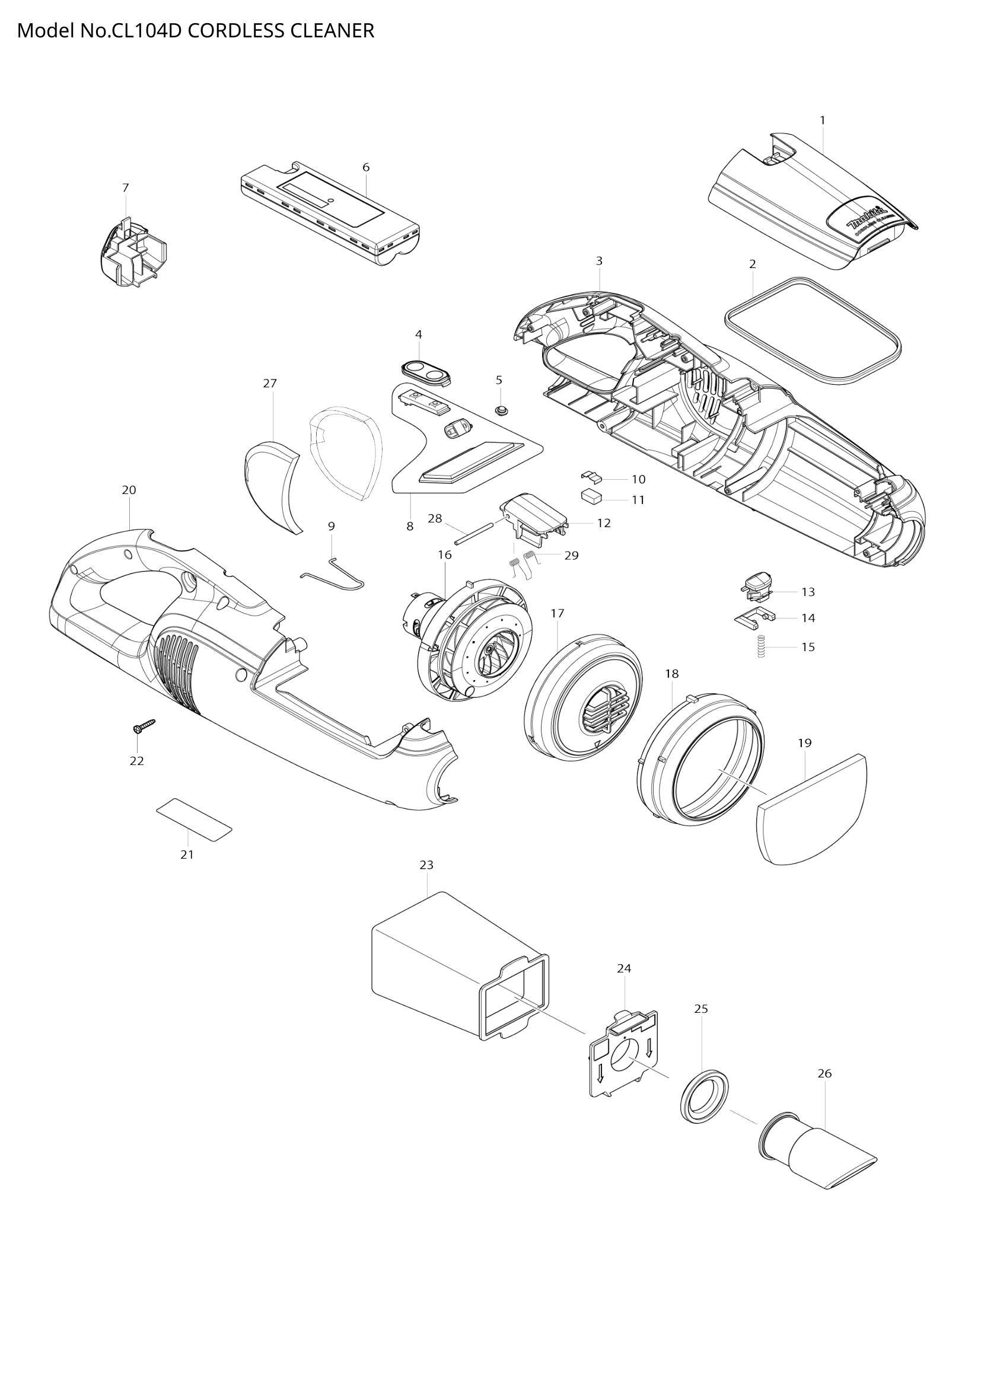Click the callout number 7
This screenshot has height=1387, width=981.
(x=125, y=188)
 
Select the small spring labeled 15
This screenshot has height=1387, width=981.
(x=762, y=647)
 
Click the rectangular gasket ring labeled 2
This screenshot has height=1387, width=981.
(x=812, y=331)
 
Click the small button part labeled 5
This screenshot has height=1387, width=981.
(x=501, y=410)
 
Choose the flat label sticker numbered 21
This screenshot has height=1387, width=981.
(x=194, y=820)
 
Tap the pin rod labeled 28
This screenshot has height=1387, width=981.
(x=476, y=534)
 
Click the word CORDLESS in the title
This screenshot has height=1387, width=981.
(x=235, y=30)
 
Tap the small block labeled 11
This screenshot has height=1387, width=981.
(x=591, y=496)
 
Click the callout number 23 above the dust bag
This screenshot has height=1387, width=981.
(x=426, y=865)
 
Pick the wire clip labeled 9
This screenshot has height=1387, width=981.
(x=334, y=573)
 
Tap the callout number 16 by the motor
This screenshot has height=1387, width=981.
(x=445, y=554)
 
